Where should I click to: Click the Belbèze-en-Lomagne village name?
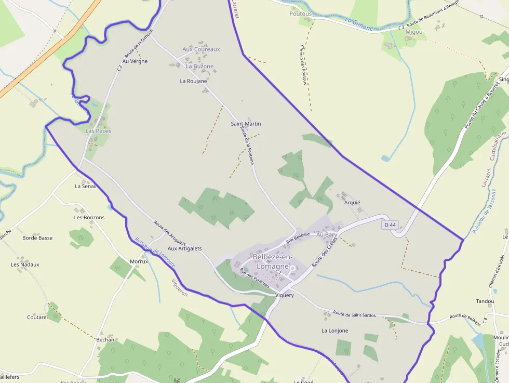click(273, 261)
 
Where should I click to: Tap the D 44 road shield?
click(390, 225)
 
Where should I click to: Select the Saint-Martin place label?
click(246, 124)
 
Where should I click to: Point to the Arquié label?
click(352, 203)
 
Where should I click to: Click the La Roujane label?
click(193, 81)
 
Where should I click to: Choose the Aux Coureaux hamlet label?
click(201, 49)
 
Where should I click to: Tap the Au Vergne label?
click(135, 61)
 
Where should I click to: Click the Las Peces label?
click(98, 131)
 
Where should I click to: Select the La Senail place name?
click(86, 186)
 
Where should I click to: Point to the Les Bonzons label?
click(89, 217)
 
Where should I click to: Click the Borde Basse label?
click(37, 238)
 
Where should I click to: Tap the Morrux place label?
click(139, 261)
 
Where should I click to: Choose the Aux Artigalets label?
click(184, 248)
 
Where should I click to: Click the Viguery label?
click(285, 295)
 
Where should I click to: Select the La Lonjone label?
click(334, 331)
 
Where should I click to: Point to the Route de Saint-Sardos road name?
click(354, 314)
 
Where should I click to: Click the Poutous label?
click(301, 14)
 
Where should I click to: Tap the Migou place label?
click(414, 32)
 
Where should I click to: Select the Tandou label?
click(485, 301)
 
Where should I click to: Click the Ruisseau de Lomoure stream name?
click(155, 253)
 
